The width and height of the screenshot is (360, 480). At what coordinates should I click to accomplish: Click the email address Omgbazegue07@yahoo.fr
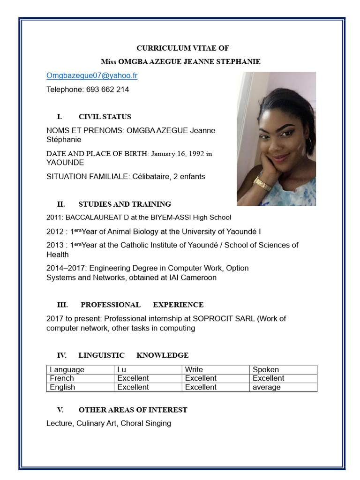(x=92, y=75)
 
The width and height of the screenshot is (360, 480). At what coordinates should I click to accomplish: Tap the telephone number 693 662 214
(x=107, y=89)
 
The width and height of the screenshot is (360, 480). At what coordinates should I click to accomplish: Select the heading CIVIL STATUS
(x=105, y=117)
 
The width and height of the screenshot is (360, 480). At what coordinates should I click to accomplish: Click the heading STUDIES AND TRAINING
(x=125, y=204)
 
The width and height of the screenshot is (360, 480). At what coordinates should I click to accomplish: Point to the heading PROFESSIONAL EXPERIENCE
(x=142, y=305)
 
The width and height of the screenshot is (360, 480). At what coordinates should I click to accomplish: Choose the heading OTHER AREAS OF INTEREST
(x=133, y=410)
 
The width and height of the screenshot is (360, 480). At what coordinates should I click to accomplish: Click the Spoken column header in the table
(x=266, y=369)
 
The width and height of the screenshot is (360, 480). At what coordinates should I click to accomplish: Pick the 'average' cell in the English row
(x=267, y=387)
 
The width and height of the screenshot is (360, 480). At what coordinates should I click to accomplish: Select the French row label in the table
(x=62, y=378)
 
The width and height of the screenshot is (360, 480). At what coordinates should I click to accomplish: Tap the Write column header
(x=194, y=369)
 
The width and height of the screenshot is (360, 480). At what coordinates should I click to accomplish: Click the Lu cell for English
(x=133, y=387)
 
